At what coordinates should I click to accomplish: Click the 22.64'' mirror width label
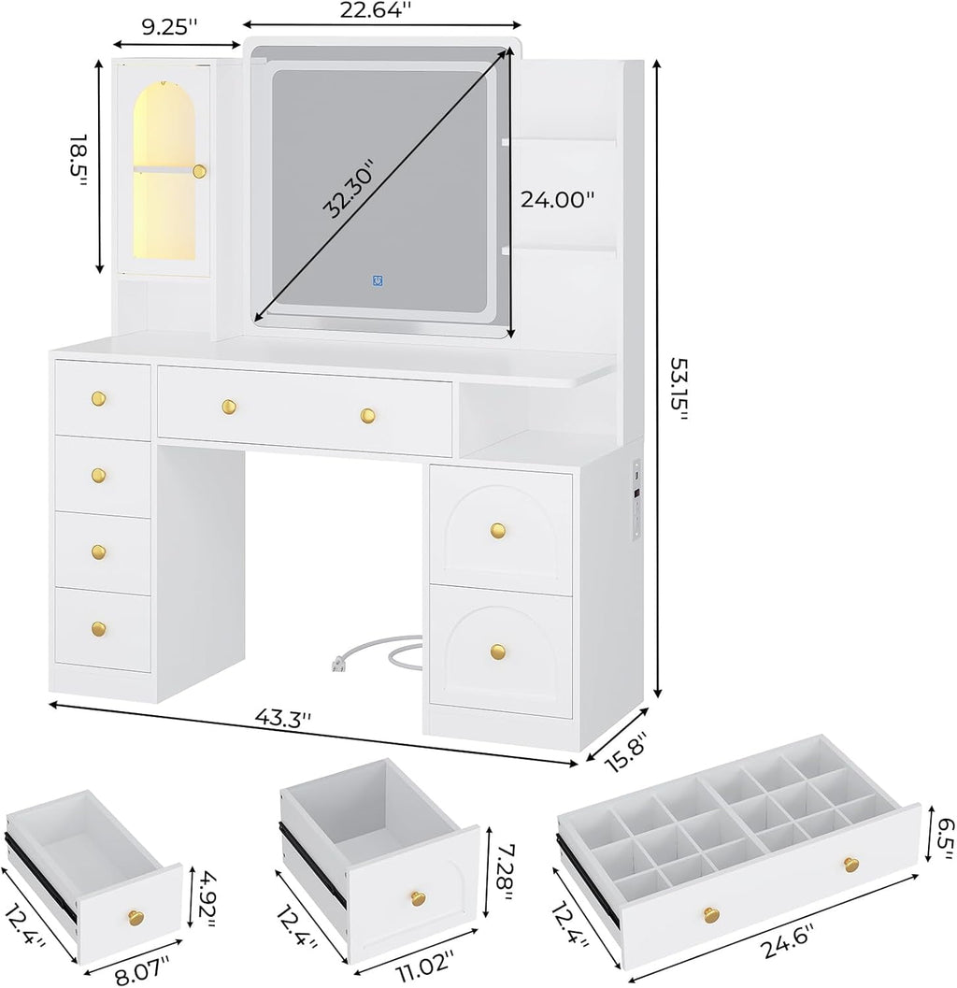pyautogui.click(x=383, y=10)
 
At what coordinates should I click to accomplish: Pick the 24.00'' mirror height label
pyautogui.click(x=558, y=199)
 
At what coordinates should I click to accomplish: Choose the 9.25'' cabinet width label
pyautogui.click(x=169, y=27)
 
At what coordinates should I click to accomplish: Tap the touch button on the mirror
pyautogui.click(x=377, y=279)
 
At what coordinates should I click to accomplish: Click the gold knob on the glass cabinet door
pyautogui.click(x=199, y=170)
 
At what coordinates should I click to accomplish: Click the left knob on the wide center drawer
pyautogui.click(x=228, y=405)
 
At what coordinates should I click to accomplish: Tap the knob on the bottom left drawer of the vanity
pyautogui.click(x=99, y=629)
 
